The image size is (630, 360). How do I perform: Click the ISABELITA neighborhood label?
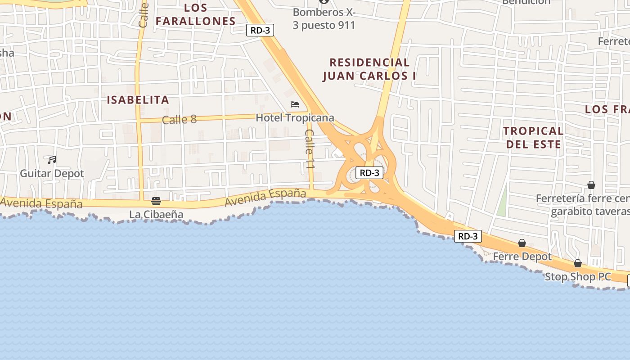tap(138, 100)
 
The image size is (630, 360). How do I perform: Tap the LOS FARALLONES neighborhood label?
tap(196, 14)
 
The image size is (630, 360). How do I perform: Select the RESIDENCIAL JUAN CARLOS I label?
tap(369, 69)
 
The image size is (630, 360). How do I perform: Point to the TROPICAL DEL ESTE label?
tap(533, 137)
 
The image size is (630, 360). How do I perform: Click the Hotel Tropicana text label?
tap(295, 118)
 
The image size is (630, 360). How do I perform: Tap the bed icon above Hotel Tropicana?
tap(295, 104)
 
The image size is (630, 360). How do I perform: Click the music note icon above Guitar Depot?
tap(52, 160)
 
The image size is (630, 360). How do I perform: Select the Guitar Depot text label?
tap(52, 173)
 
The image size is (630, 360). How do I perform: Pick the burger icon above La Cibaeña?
tap(156, 201)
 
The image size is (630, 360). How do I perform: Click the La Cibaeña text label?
tap(156, 214)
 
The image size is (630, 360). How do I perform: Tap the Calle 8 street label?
tap(179, 119)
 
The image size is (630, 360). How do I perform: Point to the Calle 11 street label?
tap(310, 149)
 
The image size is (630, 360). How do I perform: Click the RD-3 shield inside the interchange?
tap(369, 173)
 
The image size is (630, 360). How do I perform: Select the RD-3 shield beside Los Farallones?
tap(260, 30)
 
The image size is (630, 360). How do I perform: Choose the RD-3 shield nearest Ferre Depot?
tap(468, 236)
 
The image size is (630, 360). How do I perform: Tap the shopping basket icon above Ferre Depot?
tap(522, 243)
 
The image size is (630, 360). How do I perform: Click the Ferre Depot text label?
tap(522, 256)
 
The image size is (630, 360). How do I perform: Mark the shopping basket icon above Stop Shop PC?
tap(578, 263)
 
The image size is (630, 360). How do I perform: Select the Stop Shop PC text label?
tap(578, 277)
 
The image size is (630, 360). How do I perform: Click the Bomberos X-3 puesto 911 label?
tap(324, 19)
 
